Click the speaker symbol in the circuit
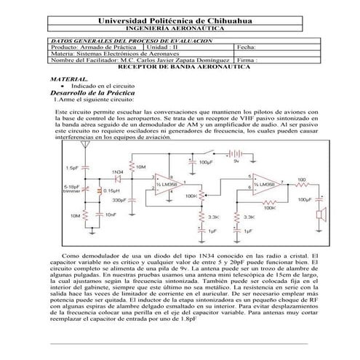318,215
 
